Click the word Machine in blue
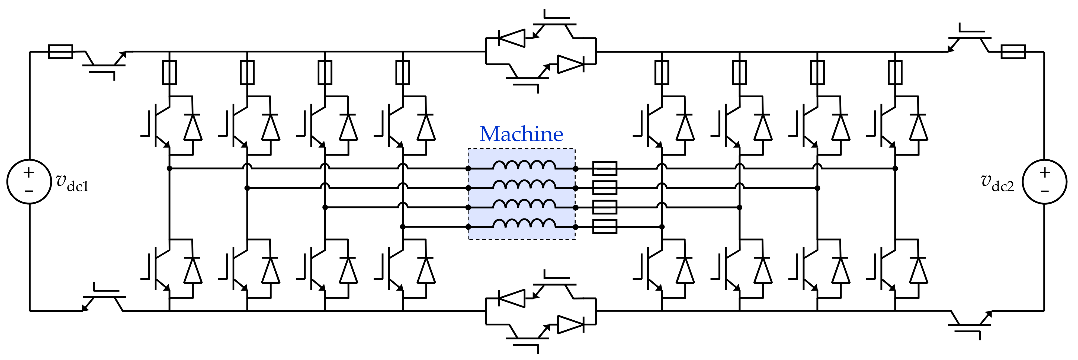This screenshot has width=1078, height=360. [521, 134]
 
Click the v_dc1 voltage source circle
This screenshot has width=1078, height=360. [29, 182]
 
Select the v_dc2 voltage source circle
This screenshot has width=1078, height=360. [1045, 182]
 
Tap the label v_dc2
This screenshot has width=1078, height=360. [998, 183]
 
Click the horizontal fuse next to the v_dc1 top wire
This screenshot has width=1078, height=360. [61, 52]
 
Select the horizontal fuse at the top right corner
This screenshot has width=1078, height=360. [1013, 52]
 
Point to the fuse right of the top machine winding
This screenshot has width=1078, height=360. [605, 169]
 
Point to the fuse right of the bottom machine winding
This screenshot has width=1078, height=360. [605, 227]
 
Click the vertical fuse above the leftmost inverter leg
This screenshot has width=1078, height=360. [169, 72]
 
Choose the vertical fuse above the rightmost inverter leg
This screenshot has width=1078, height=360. [895, 72]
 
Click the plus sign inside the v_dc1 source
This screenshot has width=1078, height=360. [29, 172]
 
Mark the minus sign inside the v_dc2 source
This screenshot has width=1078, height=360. [1045, 192]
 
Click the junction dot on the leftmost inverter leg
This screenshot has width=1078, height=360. [169, 169]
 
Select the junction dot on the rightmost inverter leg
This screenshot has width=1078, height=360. [895, 169]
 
